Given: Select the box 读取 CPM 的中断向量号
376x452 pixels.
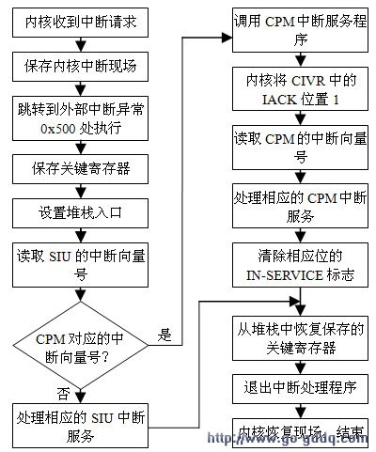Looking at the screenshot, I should (x=298, y=150).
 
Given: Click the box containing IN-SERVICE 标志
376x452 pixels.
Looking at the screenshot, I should (x=298, y=267).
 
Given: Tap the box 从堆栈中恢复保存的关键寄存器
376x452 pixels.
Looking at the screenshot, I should (x=298, y=334).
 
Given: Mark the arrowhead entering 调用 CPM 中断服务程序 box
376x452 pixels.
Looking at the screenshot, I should (x=227, y=38).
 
